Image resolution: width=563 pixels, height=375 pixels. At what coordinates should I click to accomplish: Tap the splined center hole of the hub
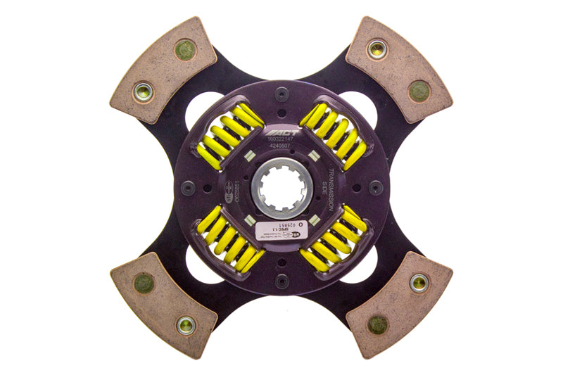pos(281,186)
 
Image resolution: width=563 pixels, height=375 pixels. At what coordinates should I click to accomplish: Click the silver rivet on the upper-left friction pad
pos(144,91)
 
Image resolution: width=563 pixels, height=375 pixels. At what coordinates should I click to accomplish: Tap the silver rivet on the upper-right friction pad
pos(377,49)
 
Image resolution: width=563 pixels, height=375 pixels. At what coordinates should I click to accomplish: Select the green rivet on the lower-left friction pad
pos(144,282)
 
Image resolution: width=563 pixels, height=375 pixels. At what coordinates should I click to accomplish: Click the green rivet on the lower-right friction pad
pos(377,324)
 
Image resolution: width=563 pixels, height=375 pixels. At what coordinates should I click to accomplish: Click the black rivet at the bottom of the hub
pos(281,281)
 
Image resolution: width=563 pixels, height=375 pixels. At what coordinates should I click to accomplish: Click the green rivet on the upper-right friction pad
pos(419,91)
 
